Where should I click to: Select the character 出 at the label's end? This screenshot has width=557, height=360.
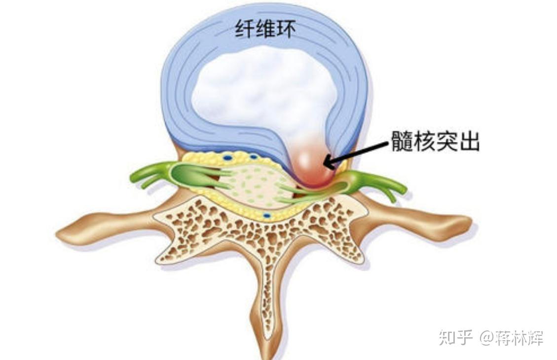tap(469, 141)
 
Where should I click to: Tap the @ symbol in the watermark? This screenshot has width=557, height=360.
tap(486, 338)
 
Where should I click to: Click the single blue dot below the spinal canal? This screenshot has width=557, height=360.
tap(266, 216)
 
